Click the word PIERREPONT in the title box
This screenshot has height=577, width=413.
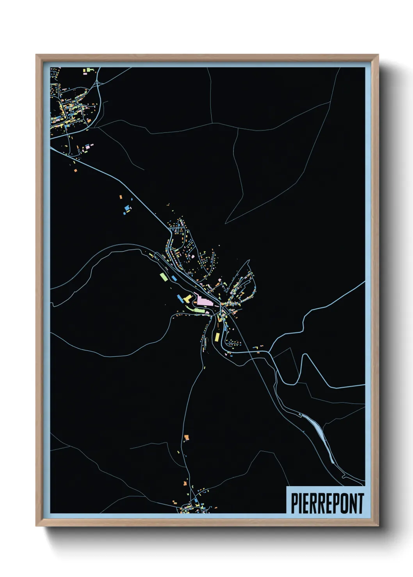click(x=327, y=503)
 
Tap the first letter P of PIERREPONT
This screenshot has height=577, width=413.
click(x=294, y=503)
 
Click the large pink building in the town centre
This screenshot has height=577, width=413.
click(x=203, y=301)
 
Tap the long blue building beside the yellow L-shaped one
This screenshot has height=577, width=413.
click(x=180, y=299)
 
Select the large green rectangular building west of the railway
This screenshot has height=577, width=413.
click(x=163, y=276)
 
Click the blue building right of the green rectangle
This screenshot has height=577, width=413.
click(x=173, y=278)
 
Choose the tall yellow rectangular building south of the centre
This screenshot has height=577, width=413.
click(x=214, y=336)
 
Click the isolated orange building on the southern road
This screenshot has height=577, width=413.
click(x=186, y=437)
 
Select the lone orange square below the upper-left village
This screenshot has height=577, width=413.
click(x=75, y=170)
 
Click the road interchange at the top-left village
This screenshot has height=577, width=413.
click(x=98, y=83)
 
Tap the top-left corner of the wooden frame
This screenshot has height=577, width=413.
click(x=37, y=55)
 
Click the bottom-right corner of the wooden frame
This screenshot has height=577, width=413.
click(x=377, y=526)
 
